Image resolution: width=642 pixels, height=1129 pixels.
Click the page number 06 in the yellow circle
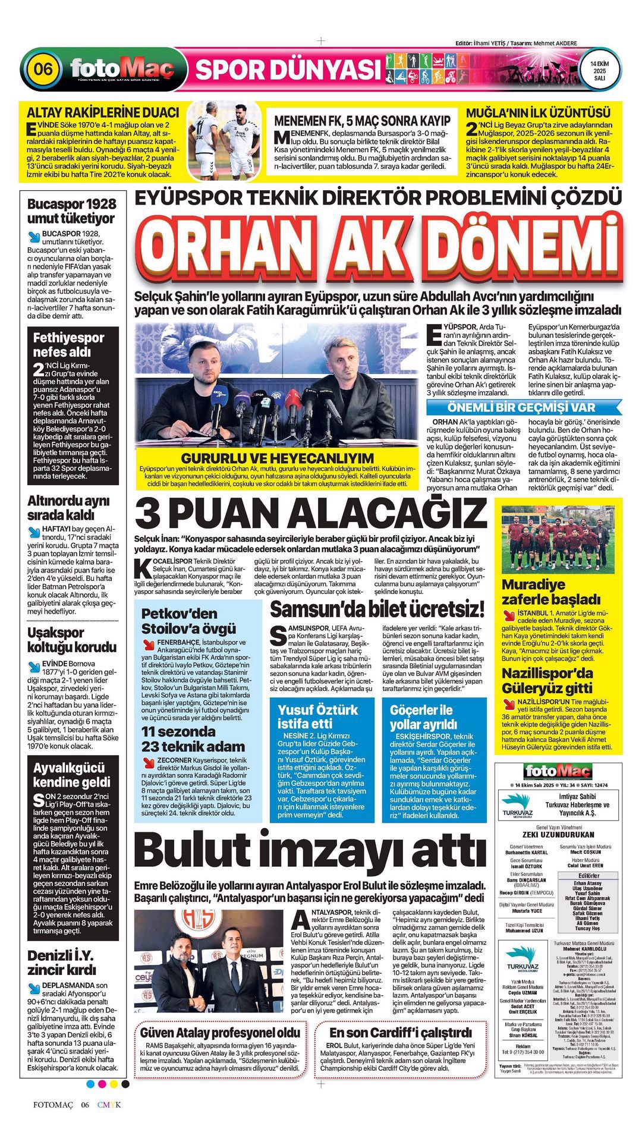pyautogui.click(x=43, y=69)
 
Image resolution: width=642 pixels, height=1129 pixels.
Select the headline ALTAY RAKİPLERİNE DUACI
pyautogui.click(x=103, y=112)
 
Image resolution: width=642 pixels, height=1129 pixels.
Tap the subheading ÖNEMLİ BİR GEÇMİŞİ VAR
pyautogui.click(x=521, y=408)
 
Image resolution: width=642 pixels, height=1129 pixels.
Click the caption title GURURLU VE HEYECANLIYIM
pyautogui.click(x=278, y=458)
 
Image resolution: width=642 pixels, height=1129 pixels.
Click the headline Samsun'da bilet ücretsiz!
pyautogui.click(x=377, y=608)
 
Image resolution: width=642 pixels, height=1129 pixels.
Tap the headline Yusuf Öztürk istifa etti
pyautogui.click(x=318, y=716)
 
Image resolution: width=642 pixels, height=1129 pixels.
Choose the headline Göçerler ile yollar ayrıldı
pyautogui.click(x=421, y=717)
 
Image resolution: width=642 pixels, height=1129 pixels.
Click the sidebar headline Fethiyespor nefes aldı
pyautogui.click(x=68, y=345)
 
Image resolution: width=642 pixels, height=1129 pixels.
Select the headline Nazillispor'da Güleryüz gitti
pyautogui.click(x=547, y=681)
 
